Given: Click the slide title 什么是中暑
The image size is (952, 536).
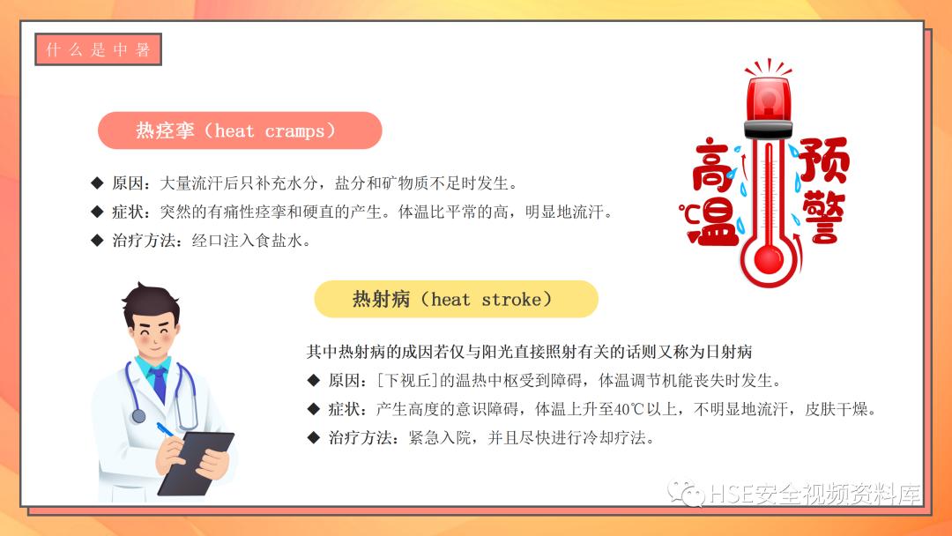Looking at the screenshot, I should point(98,49).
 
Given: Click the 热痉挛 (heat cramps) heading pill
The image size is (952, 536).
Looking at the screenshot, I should point(239,130).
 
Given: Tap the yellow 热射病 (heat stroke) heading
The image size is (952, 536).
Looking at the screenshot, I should point(456,300).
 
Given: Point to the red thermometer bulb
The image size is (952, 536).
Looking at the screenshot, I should point(769,258).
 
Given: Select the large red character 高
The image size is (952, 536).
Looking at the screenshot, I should point(717,167).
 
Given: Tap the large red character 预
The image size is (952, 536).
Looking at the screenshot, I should point(824,160).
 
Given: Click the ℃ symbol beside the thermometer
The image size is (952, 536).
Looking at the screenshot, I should point(688,212).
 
